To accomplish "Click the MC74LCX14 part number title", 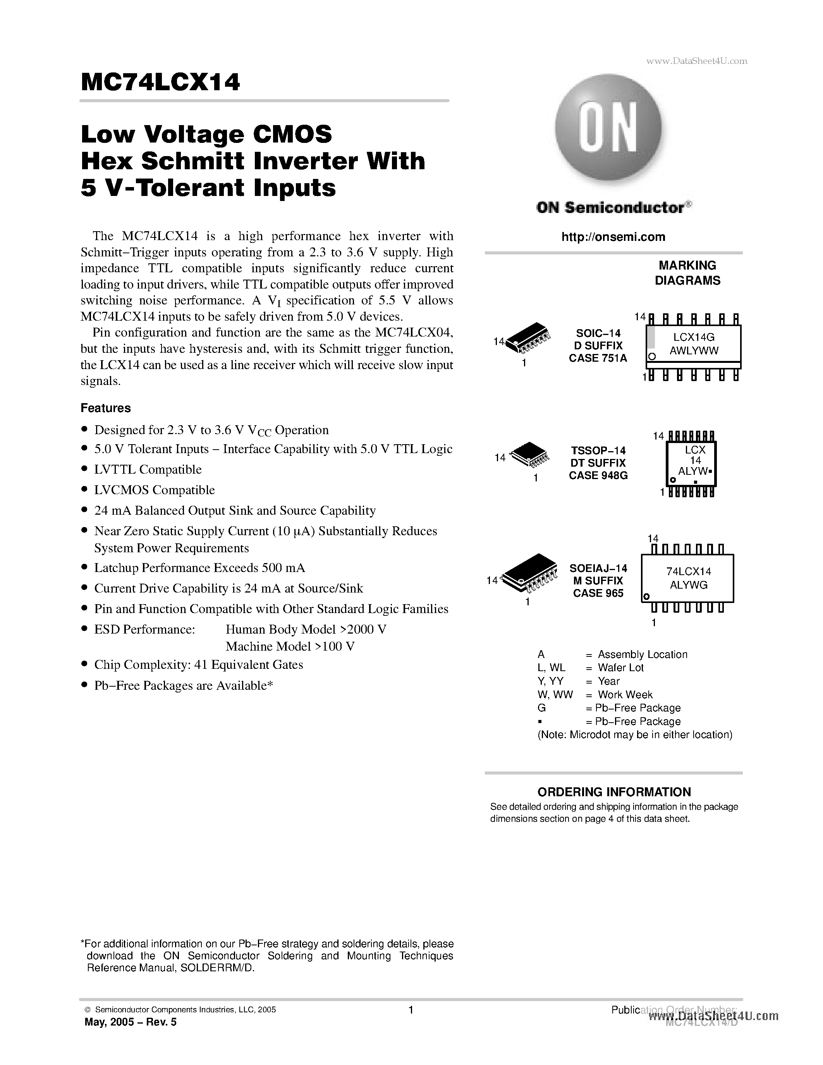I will pos(160,82).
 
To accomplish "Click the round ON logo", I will pos(608,128).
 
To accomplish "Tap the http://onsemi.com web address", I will pos(613,237).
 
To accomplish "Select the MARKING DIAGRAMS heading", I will pos(687,273).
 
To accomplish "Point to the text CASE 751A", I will pos(598,358).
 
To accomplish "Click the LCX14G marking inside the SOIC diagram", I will pos(693,337).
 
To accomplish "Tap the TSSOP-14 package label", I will pos(598,450).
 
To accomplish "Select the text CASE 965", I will pos(598,593).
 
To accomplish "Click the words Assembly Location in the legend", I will pos(642,654).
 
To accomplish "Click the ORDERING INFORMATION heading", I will pos(614,792).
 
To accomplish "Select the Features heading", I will pos(105,408).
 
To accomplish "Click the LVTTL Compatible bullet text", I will pos(148,470).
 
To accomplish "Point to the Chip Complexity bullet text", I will pos(198,665).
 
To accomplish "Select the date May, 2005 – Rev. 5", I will pos(130,1022).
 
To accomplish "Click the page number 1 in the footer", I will pos(411,1010).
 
